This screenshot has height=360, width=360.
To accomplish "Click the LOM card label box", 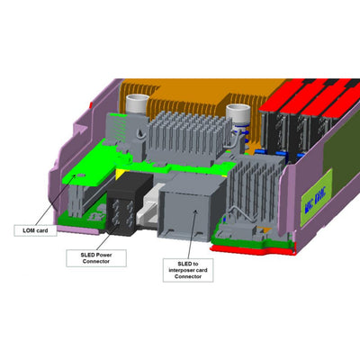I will click(41, 230).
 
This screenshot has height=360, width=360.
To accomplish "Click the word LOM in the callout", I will click(31, 230).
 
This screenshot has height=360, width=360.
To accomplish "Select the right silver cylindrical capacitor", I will click(239, 117).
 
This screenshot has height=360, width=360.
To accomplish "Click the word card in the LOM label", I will click(48, 230).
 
